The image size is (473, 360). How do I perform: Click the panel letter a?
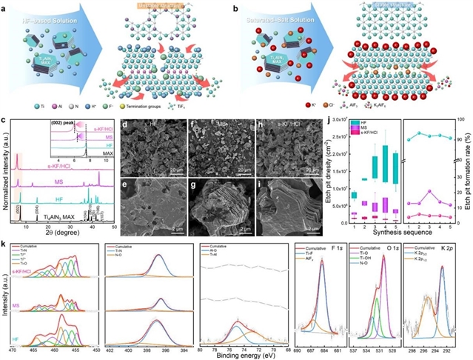point(5,6)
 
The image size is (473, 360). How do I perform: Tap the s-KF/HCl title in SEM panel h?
point(287,126)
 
